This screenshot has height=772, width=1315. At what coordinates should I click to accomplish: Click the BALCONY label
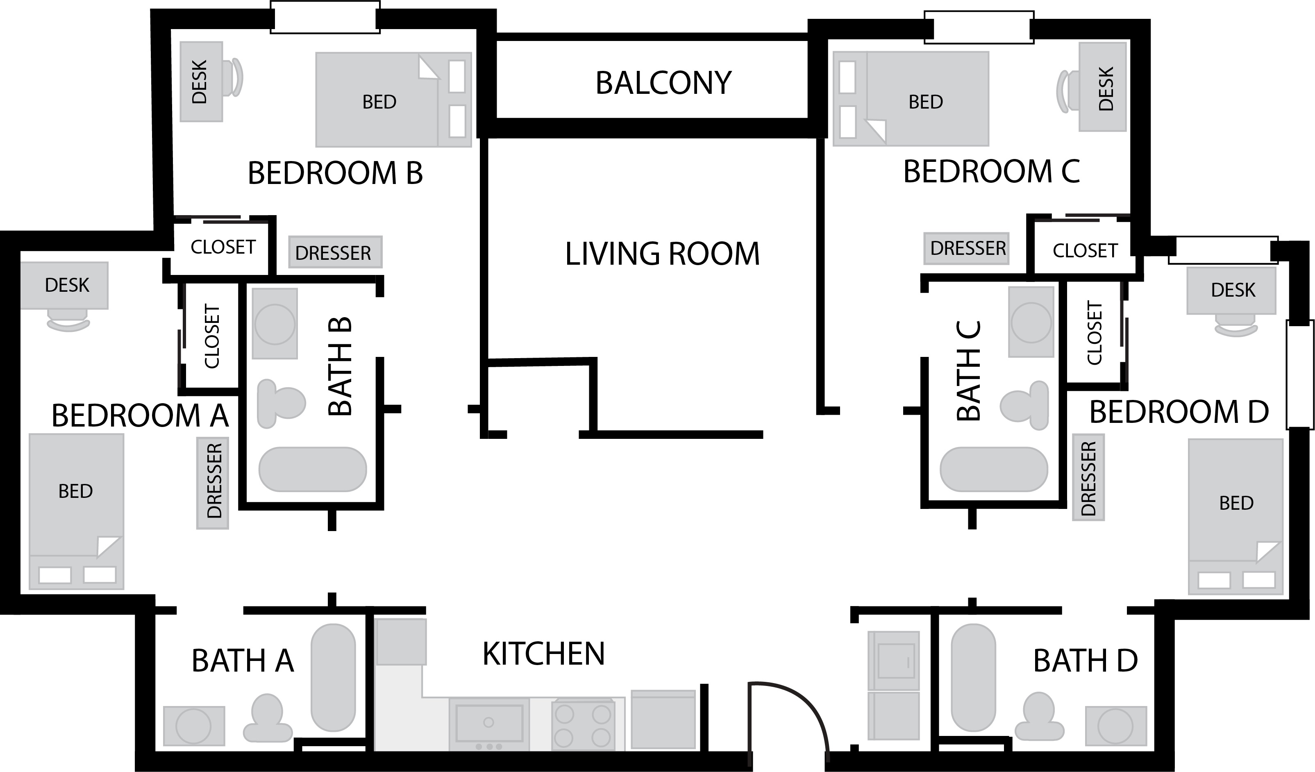click(663, 83)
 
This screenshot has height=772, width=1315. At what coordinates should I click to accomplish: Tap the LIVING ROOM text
click(662, 254)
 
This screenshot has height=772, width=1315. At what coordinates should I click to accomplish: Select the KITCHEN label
click(543, 654)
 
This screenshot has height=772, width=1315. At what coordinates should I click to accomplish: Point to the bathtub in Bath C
click(994, 469)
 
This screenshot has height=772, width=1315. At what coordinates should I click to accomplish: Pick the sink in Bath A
click(194, 726)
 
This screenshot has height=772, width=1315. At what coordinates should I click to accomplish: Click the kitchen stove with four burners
click(582, 724)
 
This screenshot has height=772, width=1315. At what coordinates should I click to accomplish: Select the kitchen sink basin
click(489, 723)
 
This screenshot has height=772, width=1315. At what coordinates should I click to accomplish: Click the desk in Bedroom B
click(202, 82)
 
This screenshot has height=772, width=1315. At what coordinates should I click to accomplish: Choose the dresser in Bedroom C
click(966, 248)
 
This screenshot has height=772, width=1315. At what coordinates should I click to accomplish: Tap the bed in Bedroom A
click(76, 511)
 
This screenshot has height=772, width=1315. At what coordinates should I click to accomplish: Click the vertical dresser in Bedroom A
click(212, 483)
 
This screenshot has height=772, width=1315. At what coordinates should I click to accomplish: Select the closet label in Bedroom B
click(223, 247)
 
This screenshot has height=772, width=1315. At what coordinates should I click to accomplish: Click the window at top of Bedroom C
click(979, 27)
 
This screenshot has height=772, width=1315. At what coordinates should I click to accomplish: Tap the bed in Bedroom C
click(911, 99)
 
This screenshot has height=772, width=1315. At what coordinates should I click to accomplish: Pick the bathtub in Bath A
click(333, 677)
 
